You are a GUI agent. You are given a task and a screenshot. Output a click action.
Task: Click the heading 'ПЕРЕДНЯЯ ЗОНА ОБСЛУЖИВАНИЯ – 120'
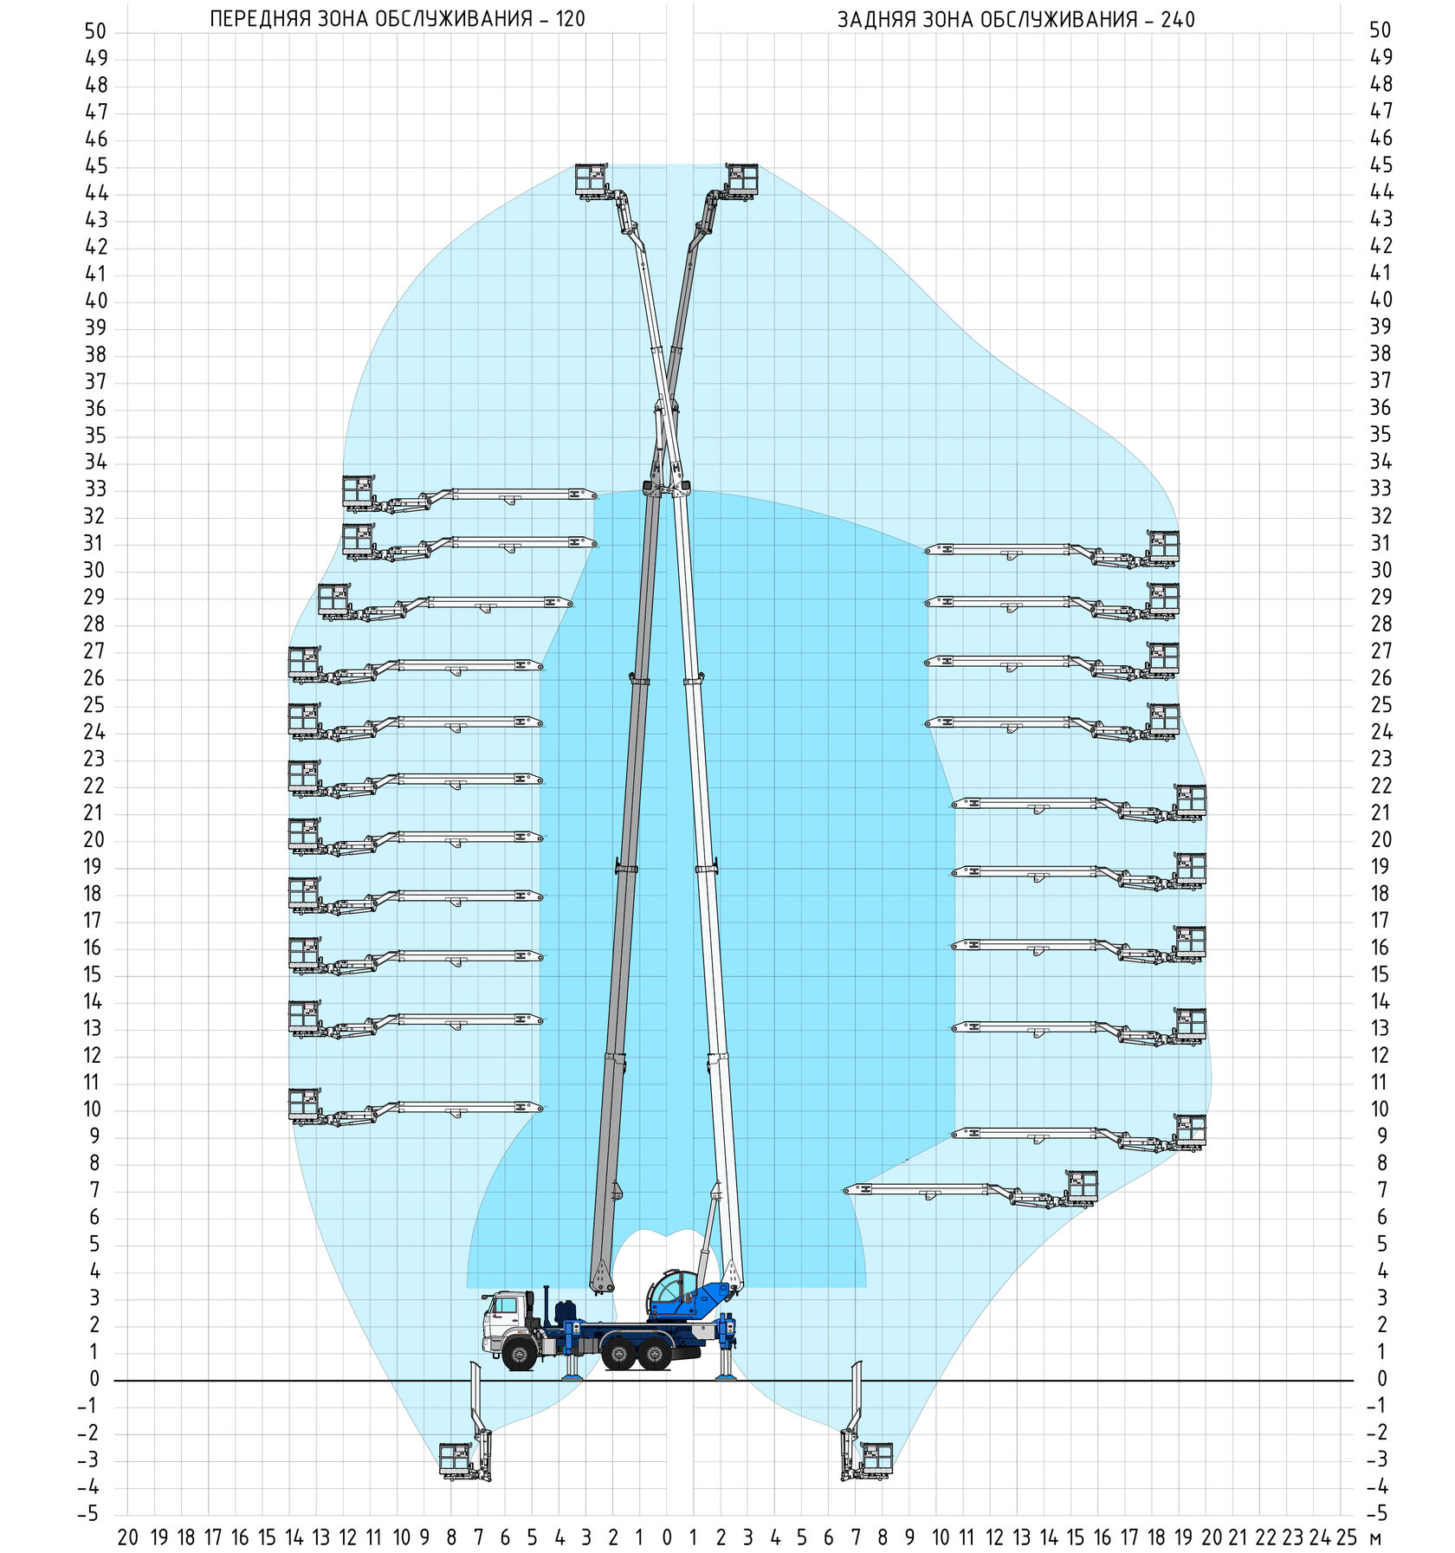tap(398, 19)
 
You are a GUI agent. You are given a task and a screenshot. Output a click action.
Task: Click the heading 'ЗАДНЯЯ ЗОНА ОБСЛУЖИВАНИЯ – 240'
tap(1016, 19)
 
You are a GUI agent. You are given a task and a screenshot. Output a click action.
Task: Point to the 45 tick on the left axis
tap(95, 166)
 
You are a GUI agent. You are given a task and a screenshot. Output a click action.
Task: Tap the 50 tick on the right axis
tap(1381, 30)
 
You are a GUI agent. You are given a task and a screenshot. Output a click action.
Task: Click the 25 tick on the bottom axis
tap(1346, 1537)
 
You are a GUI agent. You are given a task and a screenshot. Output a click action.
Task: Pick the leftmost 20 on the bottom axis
tap(127, 1537)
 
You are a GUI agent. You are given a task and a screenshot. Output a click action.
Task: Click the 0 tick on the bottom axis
tap(666, 1537)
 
